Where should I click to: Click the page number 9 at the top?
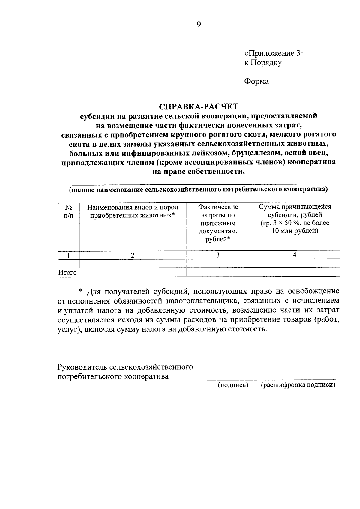(199, 25)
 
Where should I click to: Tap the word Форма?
(256, 81)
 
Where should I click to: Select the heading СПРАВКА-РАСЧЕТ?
(198, 107)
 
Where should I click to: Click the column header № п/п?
(68, 211)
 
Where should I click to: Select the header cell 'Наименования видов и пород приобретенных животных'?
(133, 211)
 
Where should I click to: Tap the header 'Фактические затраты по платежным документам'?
(218, 223)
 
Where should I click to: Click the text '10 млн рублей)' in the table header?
(295, 231)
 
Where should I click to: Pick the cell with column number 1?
(68, 255)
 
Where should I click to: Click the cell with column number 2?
(133, 255)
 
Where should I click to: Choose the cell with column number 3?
(218, 255)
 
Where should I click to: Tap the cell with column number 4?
(295, 255)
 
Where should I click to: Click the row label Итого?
(67, 273)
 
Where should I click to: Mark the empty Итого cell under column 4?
(295, 272)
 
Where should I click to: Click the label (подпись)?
(233, 385)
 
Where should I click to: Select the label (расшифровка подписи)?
(298, 385)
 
